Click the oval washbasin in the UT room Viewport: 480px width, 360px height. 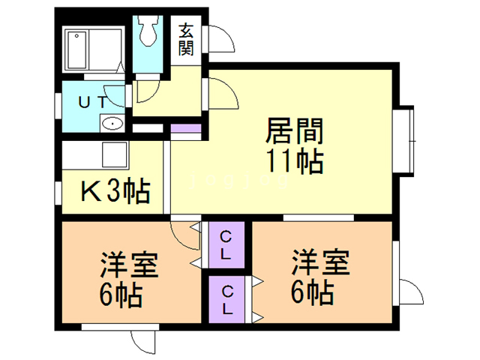tap(112, 123)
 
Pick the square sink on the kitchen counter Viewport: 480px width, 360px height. tap(115, 157)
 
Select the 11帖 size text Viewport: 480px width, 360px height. tap(294, 162)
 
